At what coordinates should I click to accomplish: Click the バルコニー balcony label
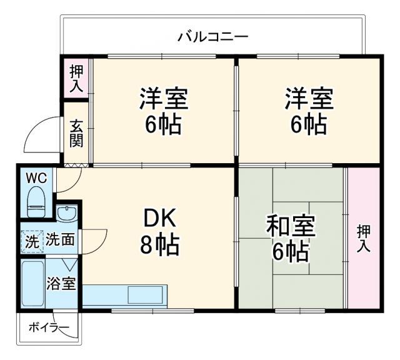(x=212, y=36)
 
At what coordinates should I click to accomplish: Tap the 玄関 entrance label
(x=76, y=132)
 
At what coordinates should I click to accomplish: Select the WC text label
(x=36, y=178)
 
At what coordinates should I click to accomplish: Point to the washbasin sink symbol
(x=66, y=214)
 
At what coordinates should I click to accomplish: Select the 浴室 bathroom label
(x=62, y=283)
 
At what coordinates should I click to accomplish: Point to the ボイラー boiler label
(x=48, y=326)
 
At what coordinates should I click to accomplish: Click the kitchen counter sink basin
(x=147, y=294)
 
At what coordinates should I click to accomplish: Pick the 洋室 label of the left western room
(x=164, y=99)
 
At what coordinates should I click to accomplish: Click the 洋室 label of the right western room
(x=309, y=99)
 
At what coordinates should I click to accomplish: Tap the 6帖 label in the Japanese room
(x=291, y=252)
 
